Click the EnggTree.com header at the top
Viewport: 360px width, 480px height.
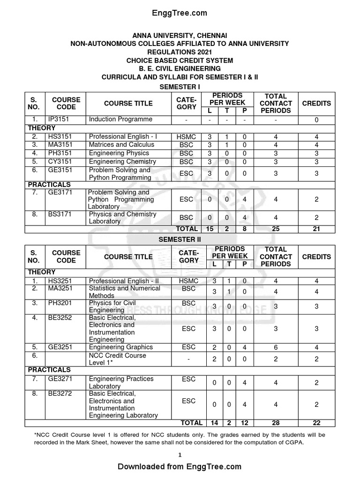coord(180,13)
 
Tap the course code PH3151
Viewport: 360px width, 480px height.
coord(60,153)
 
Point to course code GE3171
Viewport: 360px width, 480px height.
coord(60,193)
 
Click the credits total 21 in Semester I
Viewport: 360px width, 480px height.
coord(316,229)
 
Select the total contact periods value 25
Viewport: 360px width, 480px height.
coord(276,229)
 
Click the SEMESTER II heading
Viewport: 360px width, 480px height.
coord(180,239)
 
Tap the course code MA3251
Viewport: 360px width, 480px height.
coord(60,288)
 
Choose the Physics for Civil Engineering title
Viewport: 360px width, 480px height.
coord(112,307)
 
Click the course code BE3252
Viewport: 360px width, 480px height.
coord(60,318)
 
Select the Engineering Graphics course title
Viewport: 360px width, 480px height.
coord(121,347)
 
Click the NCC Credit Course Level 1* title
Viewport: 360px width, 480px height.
coord(117,359)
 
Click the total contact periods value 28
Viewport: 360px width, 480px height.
coord(276,423)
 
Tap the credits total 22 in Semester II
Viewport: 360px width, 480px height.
coord(316,423)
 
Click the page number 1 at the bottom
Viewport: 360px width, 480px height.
coord(180,455)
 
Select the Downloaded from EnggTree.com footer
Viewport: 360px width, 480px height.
coord(180,466)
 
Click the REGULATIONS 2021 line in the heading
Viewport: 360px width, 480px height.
coord(180,52)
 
